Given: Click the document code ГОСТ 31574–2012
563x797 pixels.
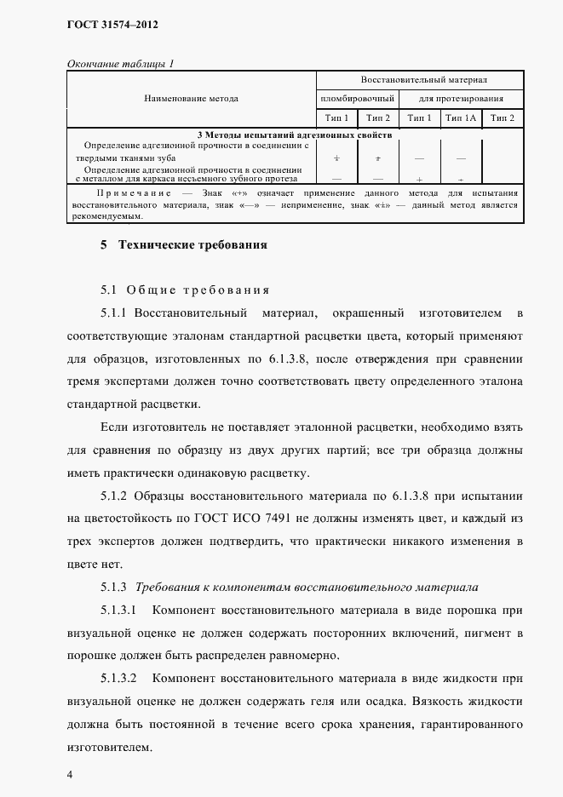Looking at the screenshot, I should pyautogui.click(x=113, y=25).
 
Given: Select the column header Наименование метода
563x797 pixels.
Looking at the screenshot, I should pyautogui.click(x=192, y=99).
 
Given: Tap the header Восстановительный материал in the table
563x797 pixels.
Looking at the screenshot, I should pyautogui.click(x=423, y=80).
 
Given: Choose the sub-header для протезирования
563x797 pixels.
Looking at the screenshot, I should pyautogui.click(x=461, y=99).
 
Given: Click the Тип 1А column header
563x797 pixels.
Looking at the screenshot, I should pyautogui.click(x=461, y=118).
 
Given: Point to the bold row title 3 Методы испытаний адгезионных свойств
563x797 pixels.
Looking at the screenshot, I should pyautogui.click(x=294, y=135).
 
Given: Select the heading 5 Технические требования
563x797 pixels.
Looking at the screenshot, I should pyautogui.click(x=184, y=245).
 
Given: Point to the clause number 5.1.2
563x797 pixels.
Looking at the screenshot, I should pyautogui.click(x=113, y=496).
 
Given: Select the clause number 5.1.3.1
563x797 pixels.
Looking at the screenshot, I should pyautogui.click(x=119, y=610).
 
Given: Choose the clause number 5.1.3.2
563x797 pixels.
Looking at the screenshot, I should pyautogui.click(x=119, y=679).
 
